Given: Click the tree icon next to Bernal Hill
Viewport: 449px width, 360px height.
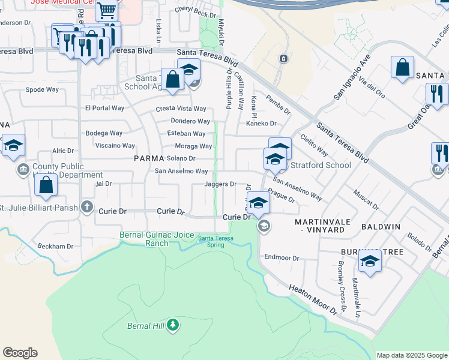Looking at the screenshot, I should point(173,325).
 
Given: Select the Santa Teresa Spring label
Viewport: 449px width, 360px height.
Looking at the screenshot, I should point(215,241).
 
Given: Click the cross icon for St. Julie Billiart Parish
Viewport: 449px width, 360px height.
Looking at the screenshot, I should point(87,208).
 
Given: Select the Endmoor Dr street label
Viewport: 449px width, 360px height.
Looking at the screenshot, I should point(282,258).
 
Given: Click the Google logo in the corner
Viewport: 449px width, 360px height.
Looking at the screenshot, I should point(20,352).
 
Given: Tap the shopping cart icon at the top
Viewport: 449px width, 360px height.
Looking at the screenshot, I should point(106,10).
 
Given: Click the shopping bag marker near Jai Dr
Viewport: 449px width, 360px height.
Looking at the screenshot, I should point(46,186).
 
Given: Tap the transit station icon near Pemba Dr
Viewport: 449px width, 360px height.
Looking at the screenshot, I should point(283,59).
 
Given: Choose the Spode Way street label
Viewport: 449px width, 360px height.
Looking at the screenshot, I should point(42,89).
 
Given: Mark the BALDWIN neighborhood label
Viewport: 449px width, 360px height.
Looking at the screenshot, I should point(381,227).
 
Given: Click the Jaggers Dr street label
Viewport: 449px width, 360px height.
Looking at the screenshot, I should point(220,184).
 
